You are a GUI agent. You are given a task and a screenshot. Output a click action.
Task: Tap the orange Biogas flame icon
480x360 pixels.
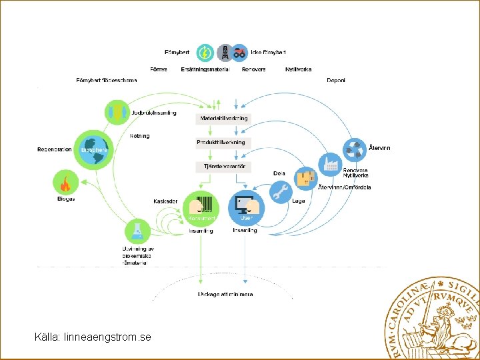click(x=65, y=182)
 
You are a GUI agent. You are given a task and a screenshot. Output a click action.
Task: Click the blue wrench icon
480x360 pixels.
click(x=281, y=192)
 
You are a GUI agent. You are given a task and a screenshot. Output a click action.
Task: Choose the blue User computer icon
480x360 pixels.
click(x=247, y=207)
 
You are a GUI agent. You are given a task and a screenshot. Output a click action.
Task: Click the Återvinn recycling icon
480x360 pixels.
click(x=353, y=149)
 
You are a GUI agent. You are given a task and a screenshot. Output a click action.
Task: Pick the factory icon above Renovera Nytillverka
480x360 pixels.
click(x=329, y=163)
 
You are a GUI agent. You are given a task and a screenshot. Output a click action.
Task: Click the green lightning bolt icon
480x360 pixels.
click(x=205, y=52)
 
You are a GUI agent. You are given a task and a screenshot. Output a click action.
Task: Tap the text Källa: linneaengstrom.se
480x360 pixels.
click(x=93, y=337)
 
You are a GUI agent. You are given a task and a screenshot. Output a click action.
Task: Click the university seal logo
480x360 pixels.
click(x=433, y=317)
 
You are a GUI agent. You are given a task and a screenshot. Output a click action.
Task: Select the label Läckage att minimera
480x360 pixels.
click(x=225, y=294)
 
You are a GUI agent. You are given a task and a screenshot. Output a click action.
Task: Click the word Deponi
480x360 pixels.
click(x=335, y=81)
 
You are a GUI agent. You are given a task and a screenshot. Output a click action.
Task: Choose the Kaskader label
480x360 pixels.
click(x=165, y=201)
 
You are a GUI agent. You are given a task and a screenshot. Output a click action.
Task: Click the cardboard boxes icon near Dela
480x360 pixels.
click(x=306, y=177)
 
